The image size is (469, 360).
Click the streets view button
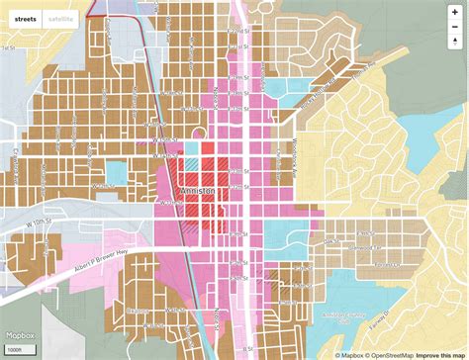[x=27, y=19]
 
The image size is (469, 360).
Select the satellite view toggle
[x=57, y=19]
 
